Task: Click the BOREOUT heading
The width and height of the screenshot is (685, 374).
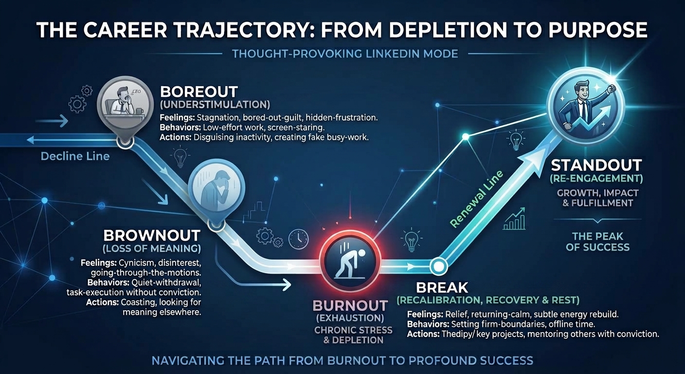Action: [x=199, y=92]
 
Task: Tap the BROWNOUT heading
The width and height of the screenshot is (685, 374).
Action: [x=152, y=235]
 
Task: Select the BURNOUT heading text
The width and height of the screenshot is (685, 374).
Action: [x=350, y=305]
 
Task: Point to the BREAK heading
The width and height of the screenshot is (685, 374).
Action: [x=442, y=287]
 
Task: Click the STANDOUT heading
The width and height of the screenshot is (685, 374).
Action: [x=596, y=165]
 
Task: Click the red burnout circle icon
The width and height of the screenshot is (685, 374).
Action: [x=350, y=261]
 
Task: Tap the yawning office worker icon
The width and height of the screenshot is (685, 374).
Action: [x=125, y=104]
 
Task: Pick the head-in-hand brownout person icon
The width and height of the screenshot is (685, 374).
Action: [x=216, y=187]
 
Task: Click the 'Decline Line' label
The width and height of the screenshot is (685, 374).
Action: [x=75, y=156]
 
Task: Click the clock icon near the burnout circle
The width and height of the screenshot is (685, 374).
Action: [x=298, y=239]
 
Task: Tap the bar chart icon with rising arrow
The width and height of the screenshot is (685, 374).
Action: [x=514, y=219]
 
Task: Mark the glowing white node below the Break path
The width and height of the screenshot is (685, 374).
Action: [x=438, y=266]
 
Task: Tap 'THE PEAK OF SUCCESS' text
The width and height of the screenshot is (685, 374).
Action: [x=597, y=242]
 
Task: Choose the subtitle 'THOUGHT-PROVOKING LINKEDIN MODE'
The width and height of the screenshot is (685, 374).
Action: [x=345, y=54]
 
